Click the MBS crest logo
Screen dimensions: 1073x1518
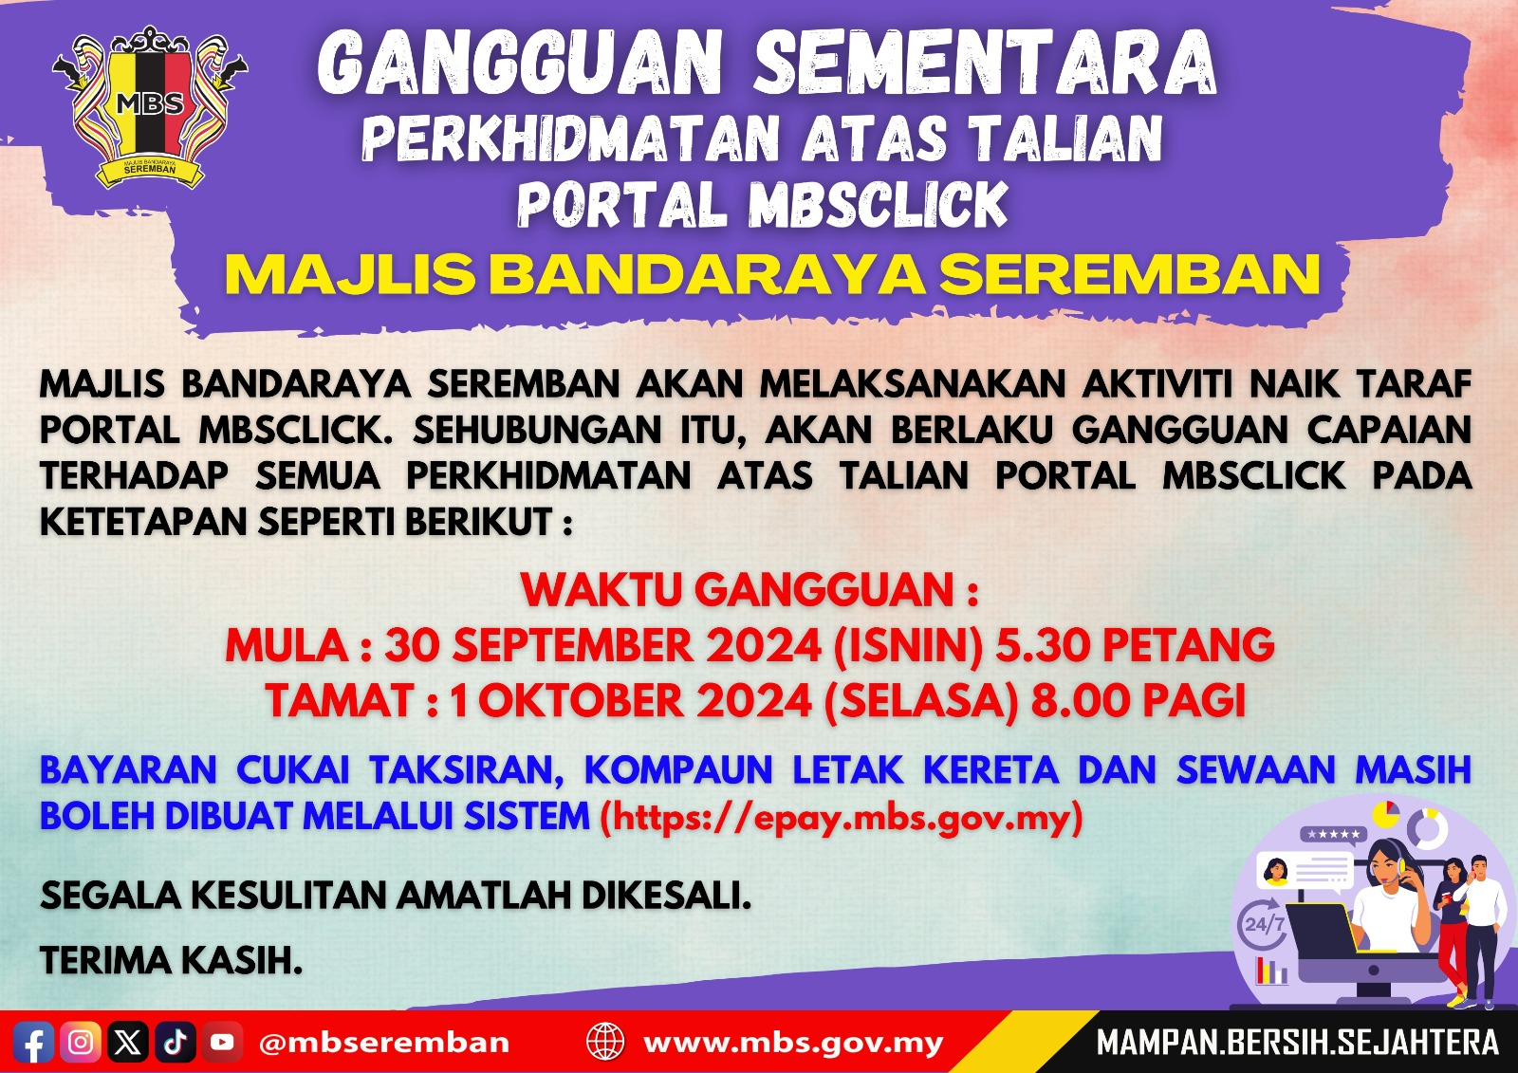pos(150,106)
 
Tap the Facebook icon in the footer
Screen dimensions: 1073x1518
pos(33,1043)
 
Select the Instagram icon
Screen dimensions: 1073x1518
pos(81,1043)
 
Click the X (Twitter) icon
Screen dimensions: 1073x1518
pos(128,1043)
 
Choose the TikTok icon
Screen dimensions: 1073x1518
pos(175,1043)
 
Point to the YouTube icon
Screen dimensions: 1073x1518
pos(222,1043)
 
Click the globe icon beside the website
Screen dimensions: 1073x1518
pos(605,1042)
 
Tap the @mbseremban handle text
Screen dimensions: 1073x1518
pos(383,1043)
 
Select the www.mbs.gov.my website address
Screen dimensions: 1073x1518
pos(793,1043)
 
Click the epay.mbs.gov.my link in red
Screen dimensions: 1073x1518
pos(841,817)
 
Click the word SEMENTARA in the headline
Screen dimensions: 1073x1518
pos(984,64)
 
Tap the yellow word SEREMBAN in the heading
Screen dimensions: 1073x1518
pos(1129,274)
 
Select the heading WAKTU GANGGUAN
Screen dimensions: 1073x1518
pos(750,590)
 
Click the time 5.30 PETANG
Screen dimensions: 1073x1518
pos(1134,646)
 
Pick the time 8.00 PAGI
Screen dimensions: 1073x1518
pos(1138,701)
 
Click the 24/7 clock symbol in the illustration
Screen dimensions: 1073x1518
pos(1263,923)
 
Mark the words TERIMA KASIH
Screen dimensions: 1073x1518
pos(171,961)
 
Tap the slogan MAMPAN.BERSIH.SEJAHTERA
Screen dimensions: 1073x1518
pos(1297,1043)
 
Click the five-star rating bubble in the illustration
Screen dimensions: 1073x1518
pos(1333,835)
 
